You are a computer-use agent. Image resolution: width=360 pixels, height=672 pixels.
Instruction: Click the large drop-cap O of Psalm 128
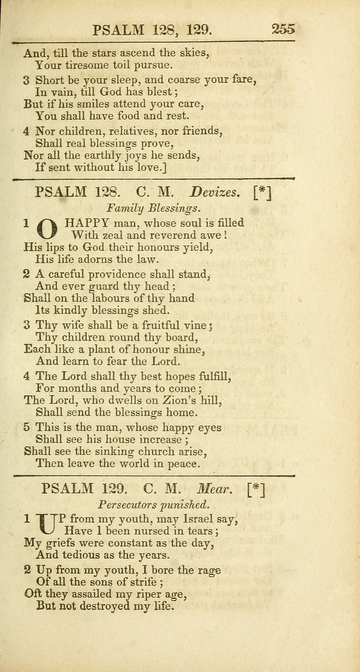pyautogui.click(x=47, y=230)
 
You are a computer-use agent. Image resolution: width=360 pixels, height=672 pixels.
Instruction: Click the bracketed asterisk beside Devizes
pyautogui.click(x=262, y=192)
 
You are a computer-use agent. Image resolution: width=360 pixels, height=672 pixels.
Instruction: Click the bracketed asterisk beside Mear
pyautogui.click(x=254, y=489)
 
